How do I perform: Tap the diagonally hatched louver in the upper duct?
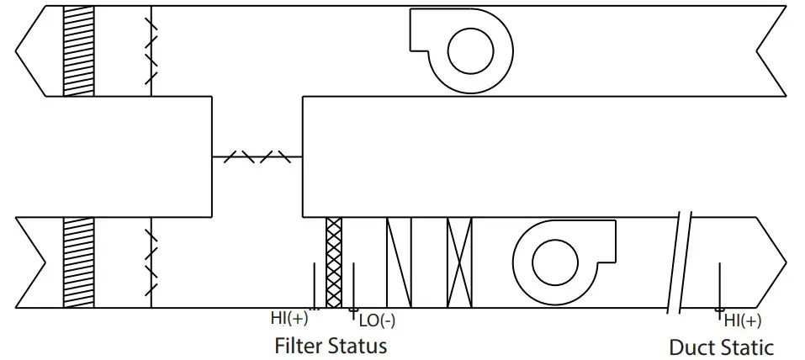pyautogui.click(x=78, y=50)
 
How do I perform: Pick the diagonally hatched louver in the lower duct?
pyautogui.click(x=78, y=262)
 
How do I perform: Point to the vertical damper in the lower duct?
pyautogui.click(x=151, y=262)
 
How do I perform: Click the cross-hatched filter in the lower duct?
pyautogui.click(x=334, y=262)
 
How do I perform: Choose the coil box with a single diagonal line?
pyautogui.click(x=399, y=262)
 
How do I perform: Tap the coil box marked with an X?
pyautogui.click(x=460, y=262)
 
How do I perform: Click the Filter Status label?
pyautogui.click(x=331, y=346)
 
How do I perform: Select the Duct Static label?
pyautogui.click(x=721, y=347)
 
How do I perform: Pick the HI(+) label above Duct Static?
pyautogui.click(x=743, y=320)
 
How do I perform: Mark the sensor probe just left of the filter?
pyautogui.click(x=315, y=286)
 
